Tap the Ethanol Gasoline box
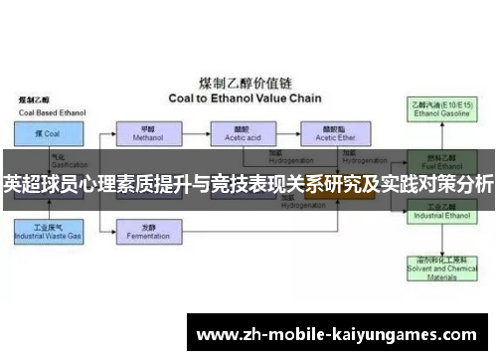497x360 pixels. [x=440, y=108]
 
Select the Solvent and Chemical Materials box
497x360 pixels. [x=440, y=266]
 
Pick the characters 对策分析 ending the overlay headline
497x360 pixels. [x=459, y=184]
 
